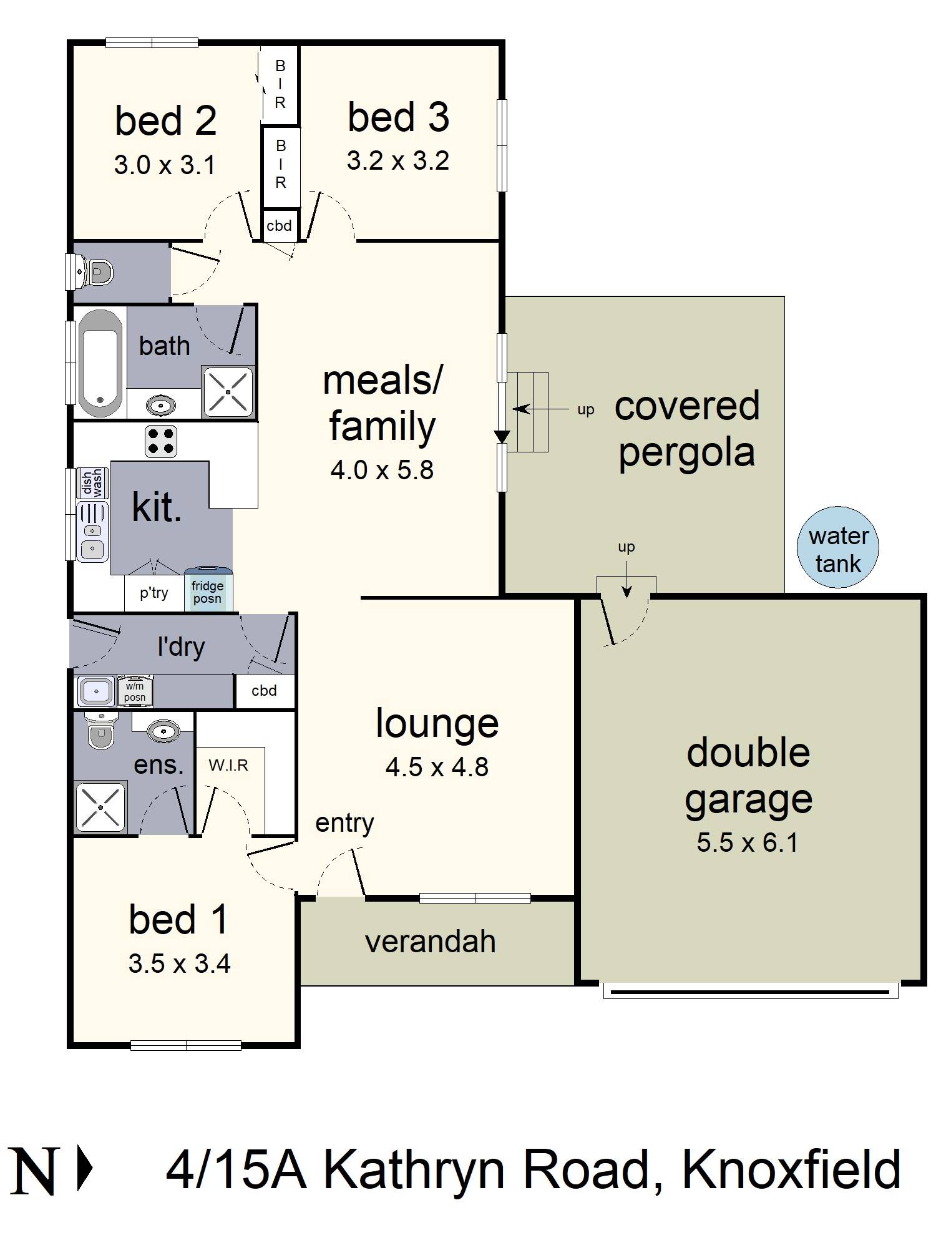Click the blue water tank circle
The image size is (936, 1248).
coord(837,548)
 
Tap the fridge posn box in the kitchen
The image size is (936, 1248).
coord(208,590)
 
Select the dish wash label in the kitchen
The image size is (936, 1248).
coord(92,483)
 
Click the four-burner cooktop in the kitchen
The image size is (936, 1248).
coord(161,441)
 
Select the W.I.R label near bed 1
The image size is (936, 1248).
coord(228,765)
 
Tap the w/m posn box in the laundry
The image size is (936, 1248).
coord(135,692)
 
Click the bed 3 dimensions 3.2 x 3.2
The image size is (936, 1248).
coord(397,161)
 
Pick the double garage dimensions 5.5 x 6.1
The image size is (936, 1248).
coord(747,843)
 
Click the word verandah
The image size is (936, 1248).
coord(430,942)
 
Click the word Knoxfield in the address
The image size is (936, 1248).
coord(791,1170)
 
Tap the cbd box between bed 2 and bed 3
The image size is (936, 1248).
coord(279,226)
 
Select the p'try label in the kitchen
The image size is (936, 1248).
coord(154,593)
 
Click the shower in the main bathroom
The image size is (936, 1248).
coord(228,391)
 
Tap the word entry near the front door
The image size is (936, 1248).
coord(344,823)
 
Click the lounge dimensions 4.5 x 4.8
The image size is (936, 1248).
coord(437,767)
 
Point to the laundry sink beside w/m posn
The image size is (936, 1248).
coord(95,691)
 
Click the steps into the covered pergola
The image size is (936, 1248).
coord(528,412)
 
